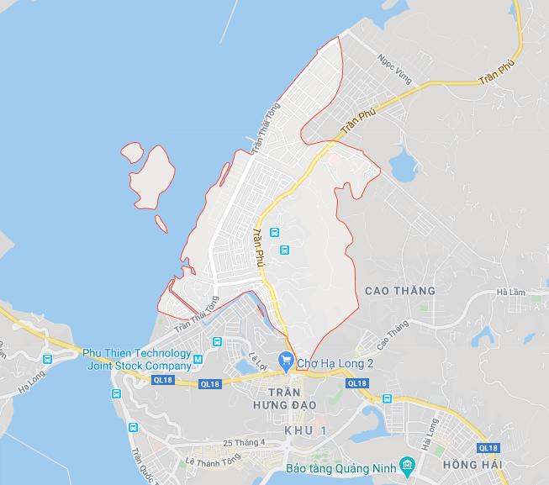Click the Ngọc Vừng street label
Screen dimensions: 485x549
pyautogui.click(x=397, y=71)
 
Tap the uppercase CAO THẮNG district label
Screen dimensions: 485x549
pyautogui.click(x=400, y=291)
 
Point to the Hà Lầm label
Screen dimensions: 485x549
pyautogui.click(x=510, y=292)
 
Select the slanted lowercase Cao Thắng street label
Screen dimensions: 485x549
pyautogui.click(x=392, y=335)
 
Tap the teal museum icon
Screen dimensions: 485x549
pyautogui.click(x=407, y=465)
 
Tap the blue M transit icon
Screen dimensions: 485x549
pyautogui.click(x=198, y=361)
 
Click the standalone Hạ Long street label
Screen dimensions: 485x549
pyautogui.click(x=30, y=387)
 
